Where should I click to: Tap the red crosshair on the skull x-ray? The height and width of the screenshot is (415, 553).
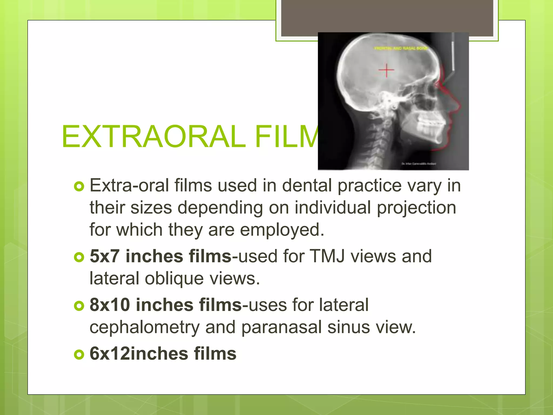[x=386, y=70]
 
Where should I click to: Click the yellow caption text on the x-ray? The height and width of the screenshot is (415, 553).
[x=401, y=48]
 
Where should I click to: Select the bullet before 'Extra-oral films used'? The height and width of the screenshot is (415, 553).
[x=79, y=186]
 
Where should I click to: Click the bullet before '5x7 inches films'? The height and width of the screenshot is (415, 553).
[x=79, y=257]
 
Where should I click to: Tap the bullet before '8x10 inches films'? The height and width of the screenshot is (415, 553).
[x=79, y=306]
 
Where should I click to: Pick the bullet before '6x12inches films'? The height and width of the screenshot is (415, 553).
[x=79, y=354]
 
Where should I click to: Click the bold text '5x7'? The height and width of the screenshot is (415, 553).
[x=104, y=256]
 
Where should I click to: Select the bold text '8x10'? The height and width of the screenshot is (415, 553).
[x=110, y=305]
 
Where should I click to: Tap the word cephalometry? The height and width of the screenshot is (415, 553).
[x=144, y=327]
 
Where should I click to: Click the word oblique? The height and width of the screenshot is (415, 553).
[x=174, y=279]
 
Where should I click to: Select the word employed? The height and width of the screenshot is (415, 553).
[x=282, y=230]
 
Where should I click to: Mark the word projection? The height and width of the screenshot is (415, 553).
[x=416, y=208]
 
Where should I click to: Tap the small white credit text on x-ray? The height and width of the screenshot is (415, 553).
[x=419, y=164]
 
